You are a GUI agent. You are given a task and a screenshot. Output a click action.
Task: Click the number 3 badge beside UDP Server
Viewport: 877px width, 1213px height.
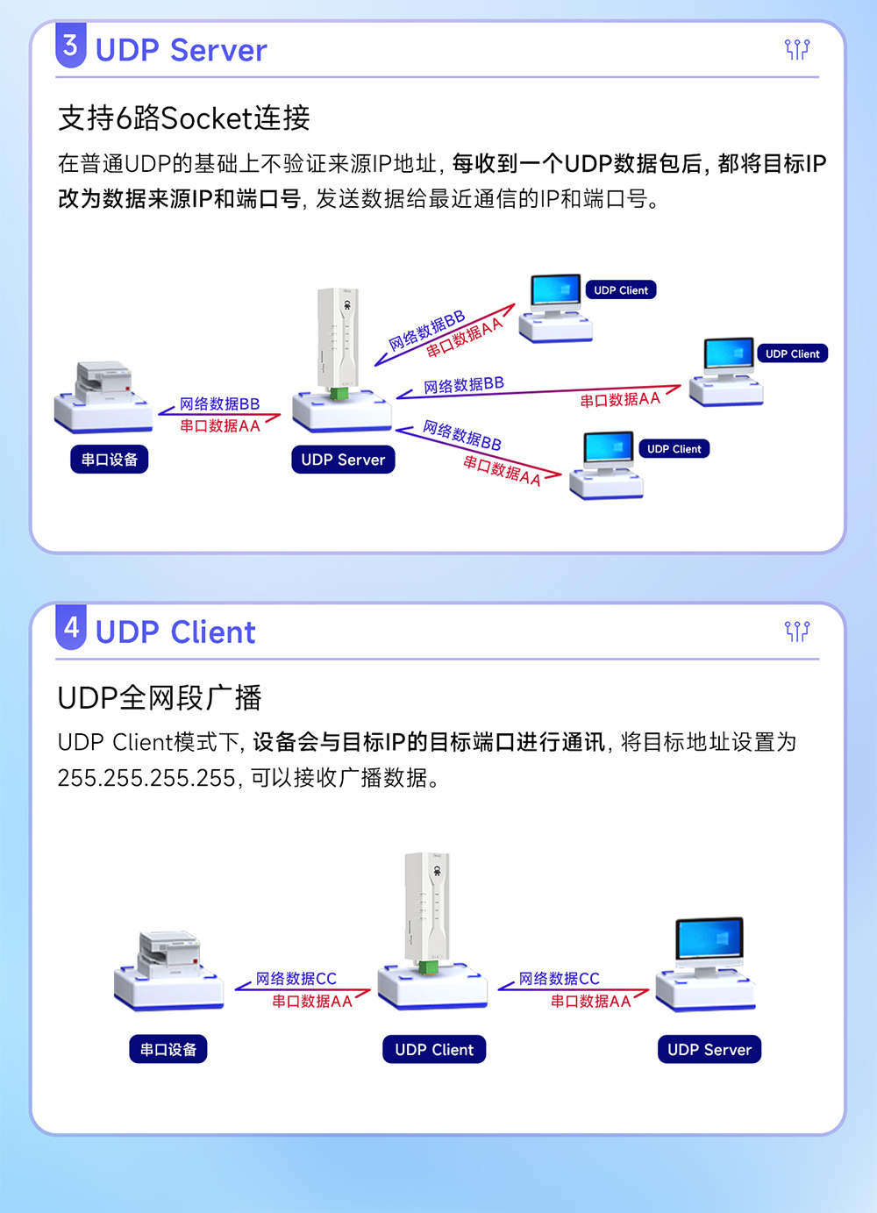point(71,46)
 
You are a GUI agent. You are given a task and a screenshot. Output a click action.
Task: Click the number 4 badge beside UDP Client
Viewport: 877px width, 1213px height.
point(71,627)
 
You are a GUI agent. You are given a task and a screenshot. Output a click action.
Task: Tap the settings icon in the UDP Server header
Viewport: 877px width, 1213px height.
point(796,49)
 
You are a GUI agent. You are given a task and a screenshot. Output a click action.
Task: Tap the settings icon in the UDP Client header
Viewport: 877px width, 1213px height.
point(796,631)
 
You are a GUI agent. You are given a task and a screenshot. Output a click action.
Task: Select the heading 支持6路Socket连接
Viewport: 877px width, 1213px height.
point(184,118)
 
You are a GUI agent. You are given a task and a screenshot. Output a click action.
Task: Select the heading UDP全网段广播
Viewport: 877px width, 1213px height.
point(160,698)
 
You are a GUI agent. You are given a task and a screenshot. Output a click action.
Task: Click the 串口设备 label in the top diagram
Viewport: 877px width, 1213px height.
point(110,460)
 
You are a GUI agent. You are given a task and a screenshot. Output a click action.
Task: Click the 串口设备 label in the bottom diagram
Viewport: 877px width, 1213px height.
point(168,1050)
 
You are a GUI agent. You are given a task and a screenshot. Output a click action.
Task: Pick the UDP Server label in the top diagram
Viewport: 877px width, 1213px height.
point(343,460)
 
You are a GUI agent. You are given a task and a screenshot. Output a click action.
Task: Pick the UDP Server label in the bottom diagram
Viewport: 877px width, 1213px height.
point(709,1050)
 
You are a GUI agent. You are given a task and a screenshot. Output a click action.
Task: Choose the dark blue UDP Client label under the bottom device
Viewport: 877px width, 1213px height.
point(434,1050)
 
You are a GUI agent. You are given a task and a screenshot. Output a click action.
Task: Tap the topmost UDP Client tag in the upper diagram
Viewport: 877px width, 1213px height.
point(621,290)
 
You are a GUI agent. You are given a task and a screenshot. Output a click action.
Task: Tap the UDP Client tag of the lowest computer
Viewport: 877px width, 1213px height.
point(674,449)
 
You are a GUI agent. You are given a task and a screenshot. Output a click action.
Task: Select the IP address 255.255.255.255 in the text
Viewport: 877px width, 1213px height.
point(146,778)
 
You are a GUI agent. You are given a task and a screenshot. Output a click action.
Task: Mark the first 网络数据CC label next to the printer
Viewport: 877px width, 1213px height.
point(296,979)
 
